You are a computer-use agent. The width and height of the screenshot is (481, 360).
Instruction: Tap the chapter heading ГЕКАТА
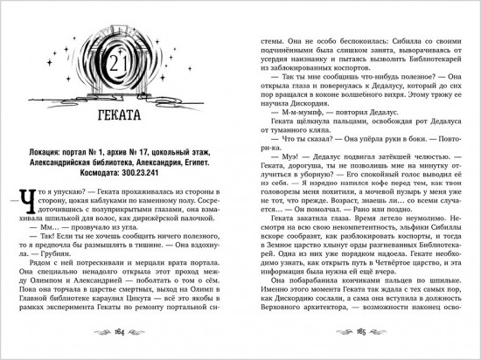(x=120, y=114)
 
